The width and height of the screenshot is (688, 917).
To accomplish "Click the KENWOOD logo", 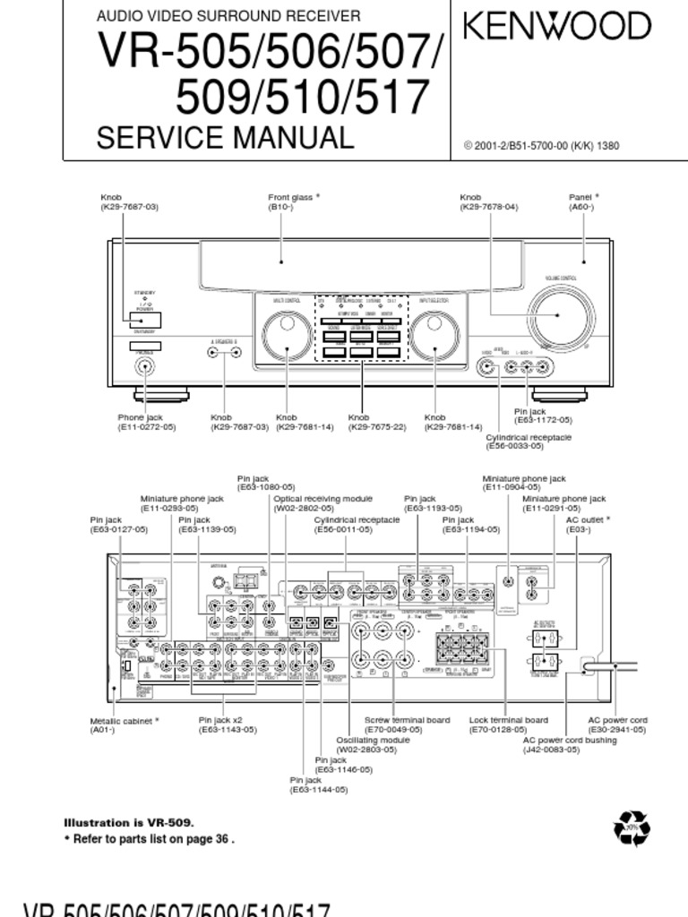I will coord(556,26).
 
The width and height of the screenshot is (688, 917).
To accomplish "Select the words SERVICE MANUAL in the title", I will coord(225,138).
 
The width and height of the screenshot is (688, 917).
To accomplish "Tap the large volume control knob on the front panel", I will coord(561,315).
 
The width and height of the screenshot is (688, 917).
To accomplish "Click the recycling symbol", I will coord(632,828).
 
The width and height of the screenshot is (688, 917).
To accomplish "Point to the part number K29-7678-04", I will coord(489,207).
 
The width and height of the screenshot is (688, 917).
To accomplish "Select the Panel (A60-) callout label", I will coord(583,201).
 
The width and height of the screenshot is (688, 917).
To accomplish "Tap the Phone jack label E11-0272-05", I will coord(147,427).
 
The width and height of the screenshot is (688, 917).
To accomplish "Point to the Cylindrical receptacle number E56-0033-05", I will coord(528,446).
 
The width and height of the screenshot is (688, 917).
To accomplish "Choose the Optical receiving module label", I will coord(322,499).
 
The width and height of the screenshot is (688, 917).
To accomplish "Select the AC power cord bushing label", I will coord(570,740).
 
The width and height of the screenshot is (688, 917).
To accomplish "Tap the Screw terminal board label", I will coord(407,720).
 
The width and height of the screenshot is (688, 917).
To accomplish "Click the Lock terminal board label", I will coord(508,720).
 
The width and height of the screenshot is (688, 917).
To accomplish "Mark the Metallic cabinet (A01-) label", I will coord(124,720).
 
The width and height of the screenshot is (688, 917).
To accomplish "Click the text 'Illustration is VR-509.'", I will coord(128,822).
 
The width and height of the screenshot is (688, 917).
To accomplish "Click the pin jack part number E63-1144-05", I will coord(318,790).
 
